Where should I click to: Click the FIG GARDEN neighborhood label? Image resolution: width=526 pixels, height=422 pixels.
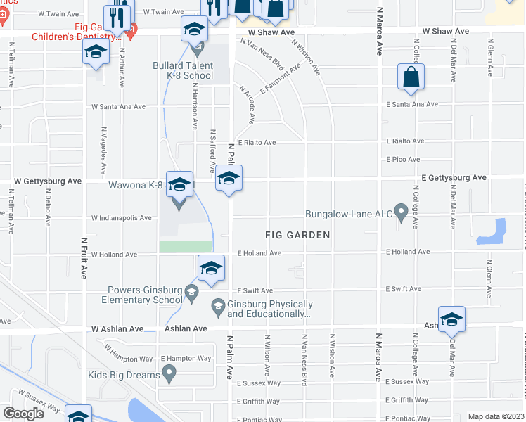(x=297, y=235)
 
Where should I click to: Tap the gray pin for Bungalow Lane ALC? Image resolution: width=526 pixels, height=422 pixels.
(x=401, y=211)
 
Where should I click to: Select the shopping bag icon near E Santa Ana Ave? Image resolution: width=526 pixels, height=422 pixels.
(x=410, y=77)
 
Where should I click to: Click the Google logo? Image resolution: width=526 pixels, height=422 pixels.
(x=23, y=413)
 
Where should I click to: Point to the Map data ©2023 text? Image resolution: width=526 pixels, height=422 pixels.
(x=495, y=416)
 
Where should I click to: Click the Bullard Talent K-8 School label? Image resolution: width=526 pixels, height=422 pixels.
(x=183, y=71)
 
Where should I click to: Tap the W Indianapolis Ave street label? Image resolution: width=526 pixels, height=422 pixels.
(x=121, y=218)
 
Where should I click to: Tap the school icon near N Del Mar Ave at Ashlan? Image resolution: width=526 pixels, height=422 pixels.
(x=451, y=319)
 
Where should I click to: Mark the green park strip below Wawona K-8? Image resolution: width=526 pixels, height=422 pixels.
(x=186, y=246)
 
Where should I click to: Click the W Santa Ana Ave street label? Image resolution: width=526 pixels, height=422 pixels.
(x=118, y=107)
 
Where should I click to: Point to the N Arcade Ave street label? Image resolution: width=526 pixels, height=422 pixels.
(x=248, y=105)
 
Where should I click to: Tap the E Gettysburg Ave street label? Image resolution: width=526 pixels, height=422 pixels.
(x=454, y=178)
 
